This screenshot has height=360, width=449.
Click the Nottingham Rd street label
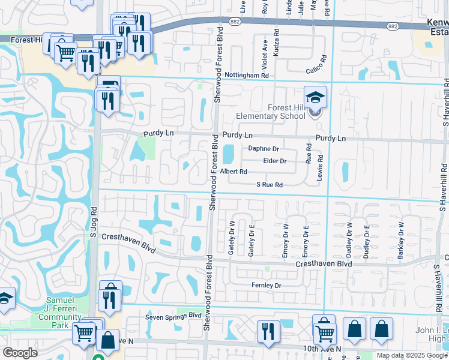tap(247, 76)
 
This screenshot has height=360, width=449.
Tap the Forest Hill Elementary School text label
tap(274, 112)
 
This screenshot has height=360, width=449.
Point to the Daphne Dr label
tap(264, 149)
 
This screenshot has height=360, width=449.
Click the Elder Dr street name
tap(275, 161)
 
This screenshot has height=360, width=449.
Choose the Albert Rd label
tap(234, 172)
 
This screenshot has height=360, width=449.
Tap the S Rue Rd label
tap(269, 185)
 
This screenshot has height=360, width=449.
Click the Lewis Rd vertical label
tap(321, 167)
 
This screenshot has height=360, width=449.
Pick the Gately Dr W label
tap(231, 238)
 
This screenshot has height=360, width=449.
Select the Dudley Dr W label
tap(349, 240)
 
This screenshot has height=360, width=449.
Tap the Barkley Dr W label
tap(400, 241)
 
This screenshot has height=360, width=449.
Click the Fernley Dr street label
tap(267, 286)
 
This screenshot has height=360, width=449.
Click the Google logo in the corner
tap(20, 353)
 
